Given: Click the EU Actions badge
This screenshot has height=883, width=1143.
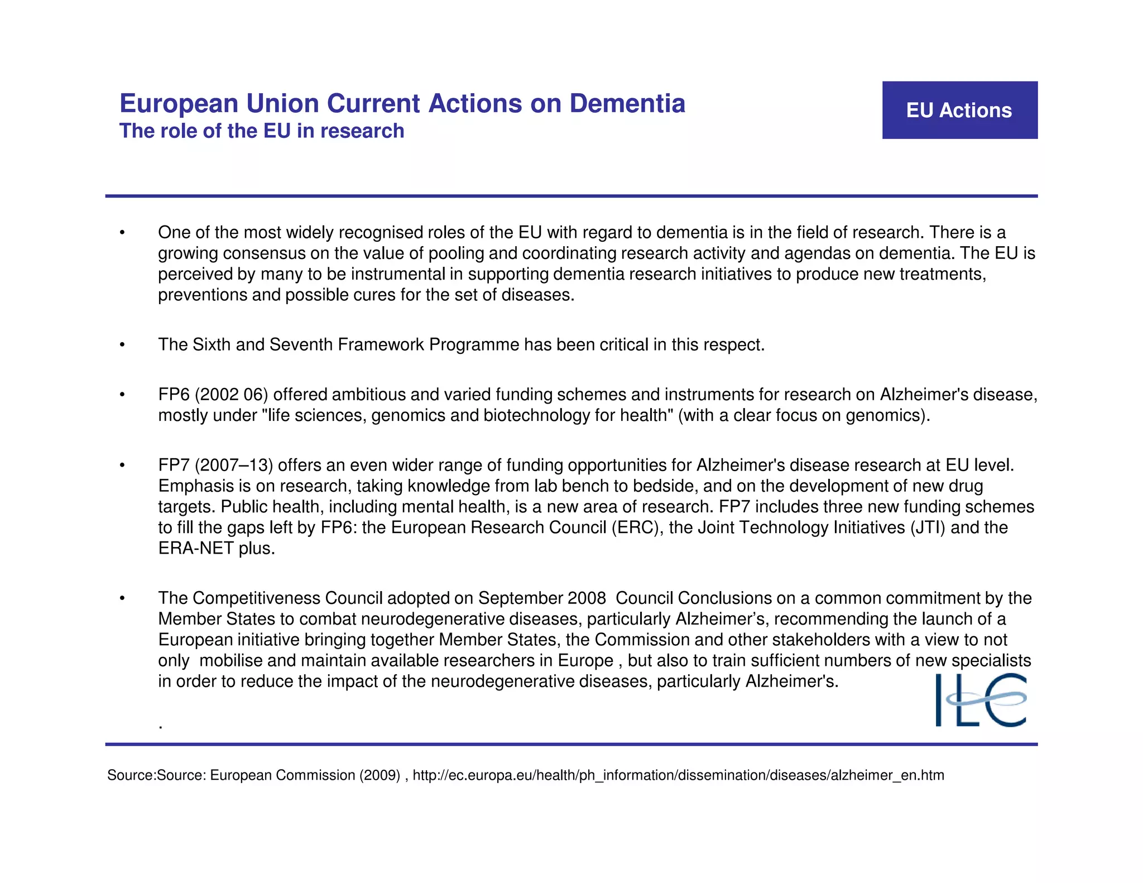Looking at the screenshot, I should (x=959, y=110).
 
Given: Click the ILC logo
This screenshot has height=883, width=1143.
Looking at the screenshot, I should (x=981, y=700).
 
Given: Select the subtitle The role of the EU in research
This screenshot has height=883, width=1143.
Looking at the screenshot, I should (x=261, y=131).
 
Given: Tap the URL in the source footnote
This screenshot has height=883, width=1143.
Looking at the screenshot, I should (x=678, y=775).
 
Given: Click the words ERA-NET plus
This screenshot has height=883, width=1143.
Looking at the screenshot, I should (x=216, y=548).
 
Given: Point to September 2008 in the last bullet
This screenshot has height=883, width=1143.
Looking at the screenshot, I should (x=541, y=598).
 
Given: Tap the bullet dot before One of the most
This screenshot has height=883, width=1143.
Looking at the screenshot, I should (x=122, y=233).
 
